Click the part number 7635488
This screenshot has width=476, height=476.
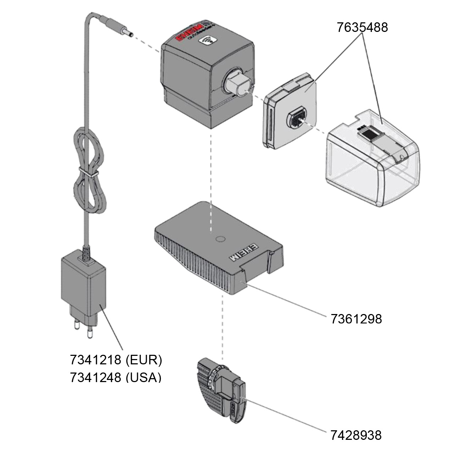[x=362, y=27]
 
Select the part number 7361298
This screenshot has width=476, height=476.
[x=356, y=319]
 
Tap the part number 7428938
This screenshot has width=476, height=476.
[x=356, y=435]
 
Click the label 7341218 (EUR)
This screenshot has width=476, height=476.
[x=116, y=360]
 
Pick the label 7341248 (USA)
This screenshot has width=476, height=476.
[x=116, y=377]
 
